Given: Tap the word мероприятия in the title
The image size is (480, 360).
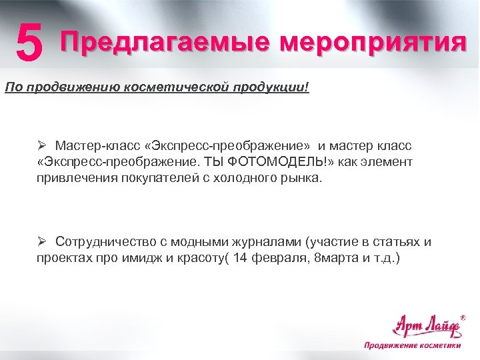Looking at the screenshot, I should click(372, 43).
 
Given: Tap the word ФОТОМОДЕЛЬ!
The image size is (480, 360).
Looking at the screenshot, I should click(262, 162).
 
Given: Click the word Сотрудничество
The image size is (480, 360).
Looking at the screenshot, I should click(108, 241).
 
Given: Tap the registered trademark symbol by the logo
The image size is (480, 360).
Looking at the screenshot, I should click(463, 318).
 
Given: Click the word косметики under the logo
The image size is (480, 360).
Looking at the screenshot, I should click(439, 345).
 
